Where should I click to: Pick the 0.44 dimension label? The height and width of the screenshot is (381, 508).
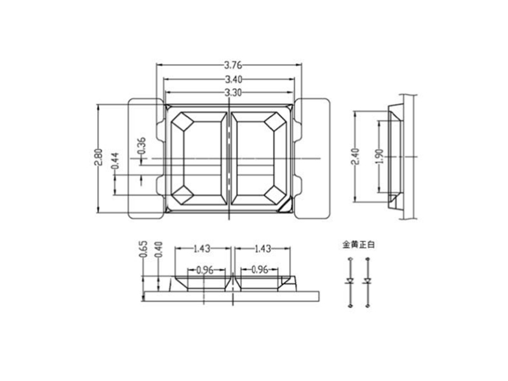pos(115,161)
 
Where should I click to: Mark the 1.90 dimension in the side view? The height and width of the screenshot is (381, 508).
pos(379,156)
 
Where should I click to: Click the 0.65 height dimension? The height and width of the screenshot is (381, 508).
pos(143,248)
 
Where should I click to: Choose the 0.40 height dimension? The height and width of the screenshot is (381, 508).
pos(158,248)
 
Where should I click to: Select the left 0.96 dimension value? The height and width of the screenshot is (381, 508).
pos(204,269)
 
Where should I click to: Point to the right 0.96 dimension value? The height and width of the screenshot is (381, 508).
pos(261,269)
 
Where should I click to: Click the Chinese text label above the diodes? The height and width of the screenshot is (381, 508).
pos(359,244)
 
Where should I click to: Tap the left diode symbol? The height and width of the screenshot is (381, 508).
pos(349,281)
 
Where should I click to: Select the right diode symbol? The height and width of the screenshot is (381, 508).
pos(367,281)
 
